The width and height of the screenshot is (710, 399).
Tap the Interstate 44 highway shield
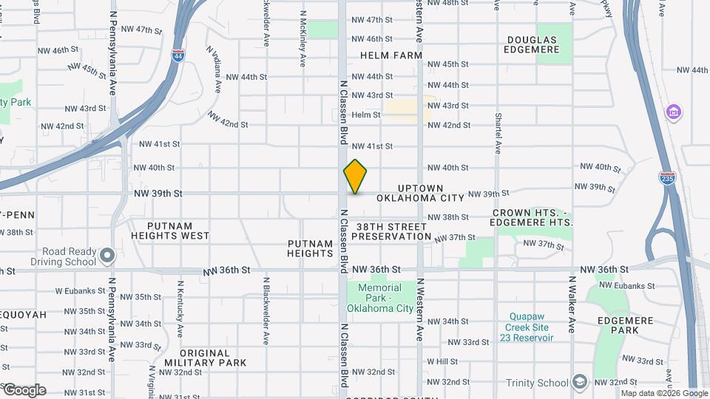click(178, 55)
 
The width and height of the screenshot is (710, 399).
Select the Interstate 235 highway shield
click(666, 177)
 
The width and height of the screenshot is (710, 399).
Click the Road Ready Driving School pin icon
click(108, 256)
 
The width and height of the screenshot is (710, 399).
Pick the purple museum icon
click(673, 112)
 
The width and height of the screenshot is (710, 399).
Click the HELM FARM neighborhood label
click(391, 55)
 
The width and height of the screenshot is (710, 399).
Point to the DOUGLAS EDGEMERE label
click(532, 46)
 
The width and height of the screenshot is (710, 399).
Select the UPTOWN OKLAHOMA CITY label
click(420, 194)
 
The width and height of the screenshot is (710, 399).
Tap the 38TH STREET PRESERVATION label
click(391, 231)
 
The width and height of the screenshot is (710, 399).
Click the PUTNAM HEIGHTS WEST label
click(170, 231)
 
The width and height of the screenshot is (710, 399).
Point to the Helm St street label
click(365, 115)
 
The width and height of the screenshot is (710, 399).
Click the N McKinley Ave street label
click(303, 41)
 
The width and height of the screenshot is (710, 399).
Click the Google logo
click(24, 389)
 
